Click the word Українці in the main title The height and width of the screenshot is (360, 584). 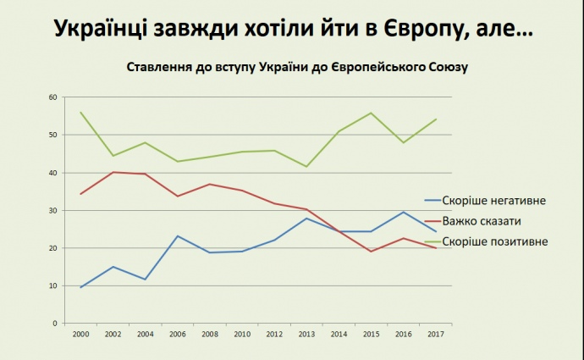click(107, 30)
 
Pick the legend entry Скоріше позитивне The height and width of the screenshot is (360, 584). click(500, 241)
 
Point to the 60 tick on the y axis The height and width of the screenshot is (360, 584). click(52, 97)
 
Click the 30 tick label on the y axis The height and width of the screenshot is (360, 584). click(52, 210)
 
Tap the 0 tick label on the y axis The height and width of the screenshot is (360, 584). click(54, 324)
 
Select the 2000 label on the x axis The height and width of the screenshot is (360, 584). click(81, 334)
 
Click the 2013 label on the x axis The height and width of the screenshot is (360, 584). click(306, 334)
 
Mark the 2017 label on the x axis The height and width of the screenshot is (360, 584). click(435, 334)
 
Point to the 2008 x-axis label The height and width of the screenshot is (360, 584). click(210, 334)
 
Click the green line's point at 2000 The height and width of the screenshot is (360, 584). click(81, 113)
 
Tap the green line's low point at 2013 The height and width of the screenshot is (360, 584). click(306, 166)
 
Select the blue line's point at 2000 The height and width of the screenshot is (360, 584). click(81, 287)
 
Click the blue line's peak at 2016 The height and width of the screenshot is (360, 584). click(403, 212)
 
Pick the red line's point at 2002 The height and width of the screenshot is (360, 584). click(113, 172)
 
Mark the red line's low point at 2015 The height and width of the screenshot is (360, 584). click(371, 251)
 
